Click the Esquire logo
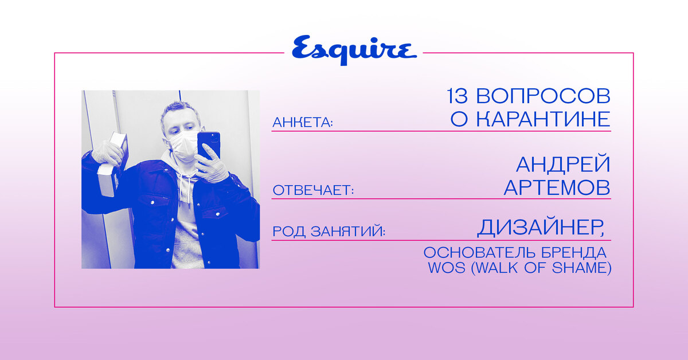click(x=354, y=50)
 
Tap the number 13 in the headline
click(x=457, y=96)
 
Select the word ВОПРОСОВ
click(x=543, y=96)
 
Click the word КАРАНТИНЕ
click(x=544, y=119)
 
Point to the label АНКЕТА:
click(x=303, y=123)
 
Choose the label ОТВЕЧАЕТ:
click(x=313, y=190)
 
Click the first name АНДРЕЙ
click(x=563, y=165)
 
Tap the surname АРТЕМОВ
click(x=557, y=187)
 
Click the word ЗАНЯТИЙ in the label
click(x=348, y=231)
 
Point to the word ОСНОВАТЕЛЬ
click(x=479, y=253)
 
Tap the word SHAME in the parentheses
click(x=579, y=268)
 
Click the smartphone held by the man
click(x=209, y=145)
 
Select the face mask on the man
click(x=183, y=146)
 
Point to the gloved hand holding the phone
click(x=212, y=165)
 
